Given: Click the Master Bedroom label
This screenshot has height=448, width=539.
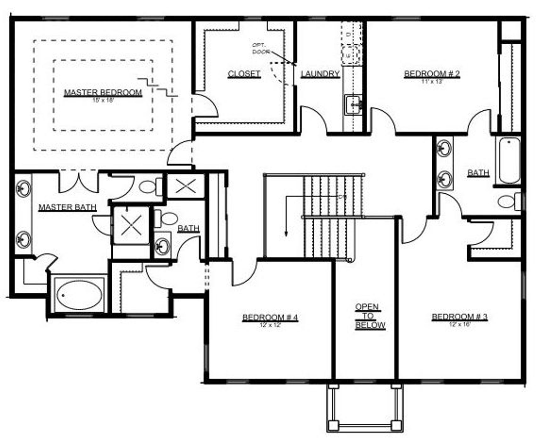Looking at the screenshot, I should click(x=103, y=92).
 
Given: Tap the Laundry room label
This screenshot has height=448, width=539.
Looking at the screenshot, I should click(x=320, y=74).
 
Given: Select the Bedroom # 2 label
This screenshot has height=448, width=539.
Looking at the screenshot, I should click(x=432, y=74).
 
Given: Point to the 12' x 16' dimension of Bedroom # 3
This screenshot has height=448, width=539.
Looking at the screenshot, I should click(x=460, y=324).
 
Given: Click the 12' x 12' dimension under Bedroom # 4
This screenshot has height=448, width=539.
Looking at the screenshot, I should click(x=270, y=325).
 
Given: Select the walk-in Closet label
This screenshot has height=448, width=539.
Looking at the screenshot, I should click(x=244, y=74).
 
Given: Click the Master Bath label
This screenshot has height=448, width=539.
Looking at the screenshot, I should click(x=67, y=207).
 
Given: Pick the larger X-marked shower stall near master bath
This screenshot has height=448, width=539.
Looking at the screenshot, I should click(x=131, y=225).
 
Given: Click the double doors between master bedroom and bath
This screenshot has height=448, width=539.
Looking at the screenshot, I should click(x=79, y=182).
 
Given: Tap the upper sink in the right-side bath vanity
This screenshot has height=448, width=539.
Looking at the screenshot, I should click(x=444, y=148).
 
